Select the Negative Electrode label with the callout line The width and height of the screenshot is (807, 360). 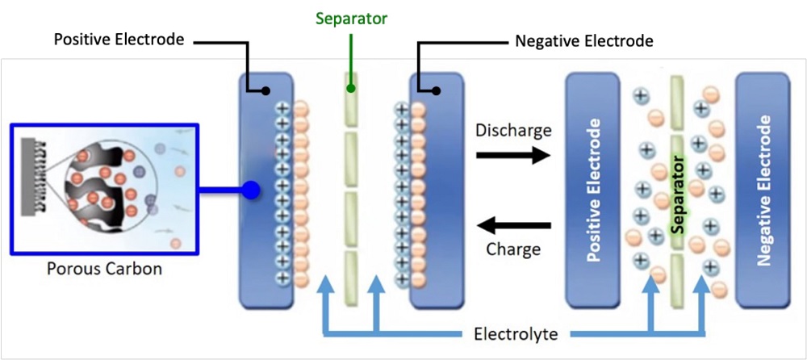(x=583, y=40)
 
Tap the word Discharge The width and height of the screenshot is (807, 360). (x=513, y=130)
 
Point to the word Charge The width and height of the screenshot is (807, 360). (x=513, y=249)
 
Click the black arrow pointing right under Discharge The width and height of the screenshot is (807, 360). (x=512, y=156)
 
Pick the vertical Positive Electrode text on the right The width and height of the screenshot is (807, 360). (x=595, y=191)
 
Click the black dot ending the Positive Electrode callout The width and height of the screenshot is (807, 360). (x=263, y=91)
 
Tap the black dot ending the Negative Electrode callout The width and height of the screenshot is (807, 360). (x=437, y=91)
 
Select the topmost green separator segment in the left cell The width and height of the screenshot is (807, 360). (x=351, y=103)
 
